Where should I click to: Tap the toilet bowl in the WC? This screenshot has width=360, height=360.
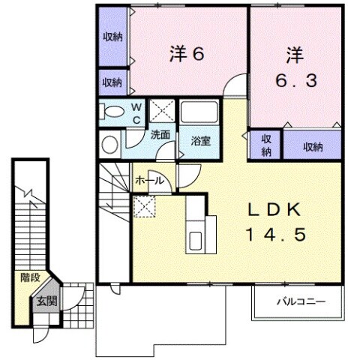click(x=113, y=112)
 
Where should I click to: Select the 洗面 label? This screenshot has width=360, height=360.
click(x=160, y=136)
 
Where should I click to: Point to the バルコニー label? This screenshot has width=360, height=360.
click(x=300, y=302)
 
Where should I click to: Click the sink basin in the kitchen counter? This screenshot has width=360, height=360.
click(x=196, y=241)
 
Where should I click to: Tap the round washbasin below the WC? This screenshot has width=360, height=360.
click(x=109, y=144)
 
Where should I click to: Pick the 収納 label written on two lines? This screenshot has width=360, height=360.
click(x=265, y=146)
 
